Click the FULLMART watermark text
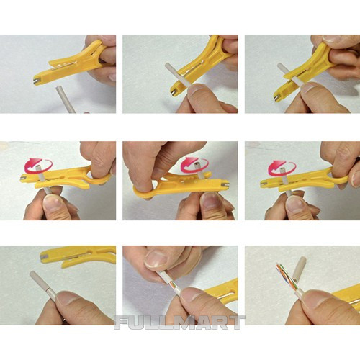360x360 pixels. (179, 323)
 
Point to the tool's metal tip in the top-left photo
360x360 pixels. (36, 81)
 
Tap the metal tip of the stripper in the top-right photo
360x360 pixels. (277, 96)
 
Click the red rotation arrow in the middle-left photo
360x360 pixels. (38, 165)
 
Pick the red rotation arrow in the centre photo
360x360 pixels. (194, 164)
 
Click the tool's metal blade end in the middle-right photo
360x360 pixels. (263, 184)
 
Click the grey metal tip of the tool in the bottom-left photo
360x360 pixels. (43, 258)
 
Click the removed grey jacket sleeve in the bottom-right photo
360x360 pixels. (299, 269)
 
